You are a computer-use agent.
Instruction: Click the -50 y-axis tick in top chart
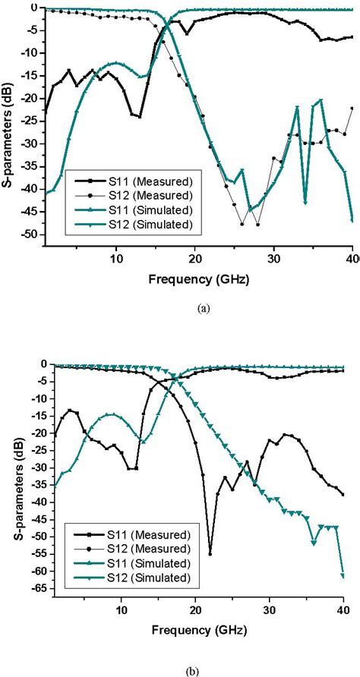point(30,235)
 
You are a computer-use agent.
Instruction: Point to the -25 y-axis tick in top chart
point(30,121)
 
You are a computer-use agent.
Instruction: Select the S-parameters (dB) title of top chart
point(8,125)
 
